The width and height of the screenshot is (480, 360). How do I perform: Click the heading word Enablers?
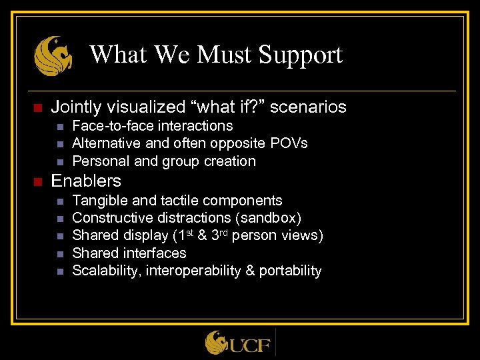(86, 181)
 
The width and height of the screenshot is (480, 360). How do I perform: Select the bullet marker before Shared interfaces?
(59, 253)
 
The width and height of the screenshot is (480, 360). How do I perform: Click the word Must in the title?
(214, 55)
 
